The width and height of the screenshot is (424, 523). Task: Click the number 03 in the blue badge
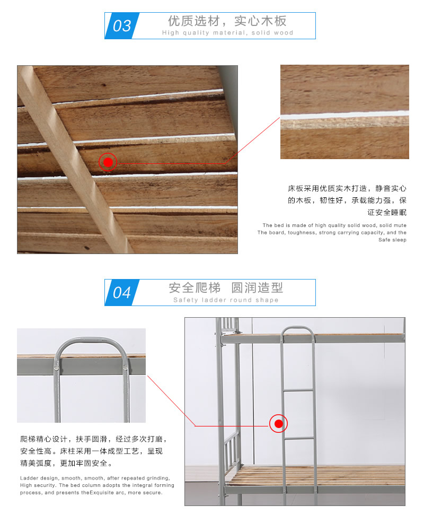(x=122, y=25)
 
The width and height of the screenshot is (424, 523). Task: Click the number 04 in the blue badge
(x=122, y=292)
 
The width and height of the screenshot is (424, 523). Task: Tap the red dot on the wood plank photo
(x=108, y=162)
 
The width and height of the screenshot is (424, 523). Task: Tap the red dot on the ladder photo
(x=279, y=424)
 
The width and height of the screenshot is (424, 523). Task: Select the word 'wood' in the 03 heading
(x=284, y=33)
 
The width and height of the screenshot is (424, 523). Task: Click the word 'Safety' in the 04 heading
(x=185, y=300)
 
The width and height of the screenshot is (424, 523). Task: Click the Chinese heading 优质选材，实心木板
(x=227, y=21)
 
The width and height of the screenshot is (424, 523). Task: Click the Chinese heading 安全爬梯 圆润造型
(x=226, y=287)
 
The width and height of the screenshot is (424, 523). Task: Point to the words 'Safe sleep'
(x=392, y=240)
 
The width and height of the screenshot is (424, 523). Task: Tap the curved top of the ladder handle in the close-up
(x=91, y=341)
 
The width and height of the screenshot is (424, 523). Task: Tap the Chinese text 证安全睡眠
(x=387, y=213)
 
